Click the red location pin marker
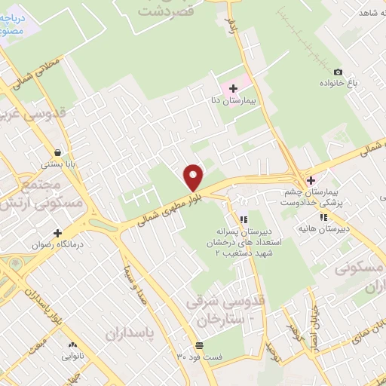194,177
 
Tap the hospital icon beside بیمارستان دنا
234,88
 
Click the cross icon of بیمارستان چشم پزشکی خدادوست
311,180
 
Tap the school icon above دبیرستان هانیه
323,217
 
